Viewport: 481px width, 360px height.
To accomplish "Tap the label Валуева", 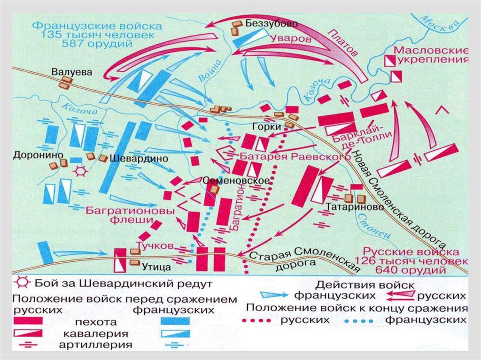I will tap(72, 72).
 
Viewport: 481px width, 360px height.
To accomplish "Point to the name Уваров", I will tap(291, 39).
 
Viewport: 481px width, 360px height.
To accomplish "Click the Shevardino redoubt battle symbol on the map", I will tap(81, 171).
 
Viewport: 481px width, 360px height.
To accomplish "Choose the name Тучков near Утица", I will tap(154, 245).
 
